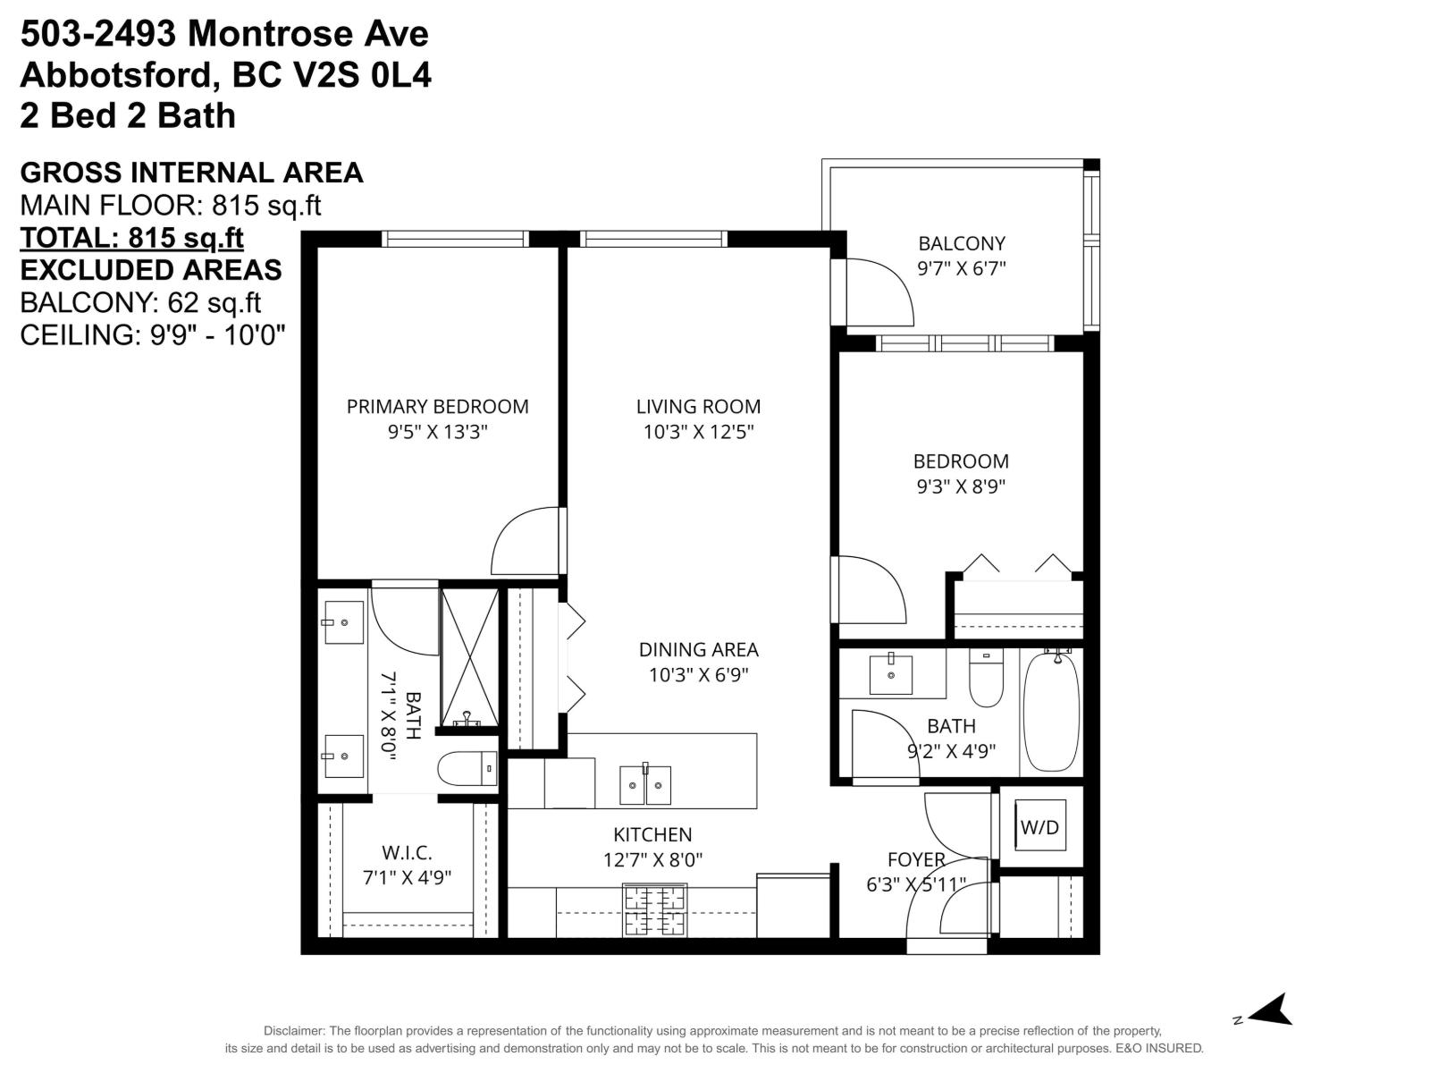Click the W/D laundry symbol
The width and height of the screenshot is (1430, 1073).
pyautogui.click(x=1040, y=826)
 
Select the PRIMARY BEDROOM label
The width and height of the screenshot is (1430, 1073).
pyautogui.click(x=437, y=407)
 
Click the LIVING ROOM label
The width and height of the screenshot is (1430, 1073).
pyautogui.click(x=698, y=407)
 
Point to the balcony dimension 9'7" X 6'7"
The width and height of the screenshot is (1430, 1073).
pyautogui.click(x=962, y=268)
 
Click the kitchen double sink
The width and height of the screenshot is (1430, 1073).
pyautogui.click(x=645, y=785)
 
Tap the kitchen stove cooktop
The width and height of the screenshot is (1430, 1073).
pyautogui.click(x=654, y=909)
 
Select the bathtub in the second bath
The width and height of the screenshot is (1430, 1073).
pyautogui.click(x=1051, y=712)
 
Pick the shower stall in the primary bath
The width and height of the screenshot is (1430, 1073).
pyautogui.click(x=469, y=657)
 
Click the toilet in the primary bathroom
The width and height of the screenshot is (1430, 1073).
pyautogui.click(x=467, y=768)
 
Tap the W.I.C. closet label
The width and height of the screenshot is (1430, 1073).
pyautogui.click(x=407, y=853)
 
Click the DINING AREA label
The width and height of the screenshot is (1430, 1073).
pyautogui.click(x=698, y=650)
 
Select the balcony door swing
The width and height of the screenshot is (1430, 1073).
pyautogui.click(x=879, y=292)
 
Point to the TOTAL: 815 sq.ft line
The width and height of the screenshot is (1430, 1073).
pyautogui.click(x=131, y=238)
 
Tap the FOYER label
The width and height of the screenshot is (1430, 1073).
pyautogui.click(x=916, y=860)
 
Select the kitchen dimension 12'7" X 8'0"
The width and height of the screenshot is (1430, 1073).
pyautogui.click(x=652, y=860)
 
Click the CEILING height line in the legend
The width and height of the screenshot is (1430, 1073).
pyautogui.click(x=153, y=334)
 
